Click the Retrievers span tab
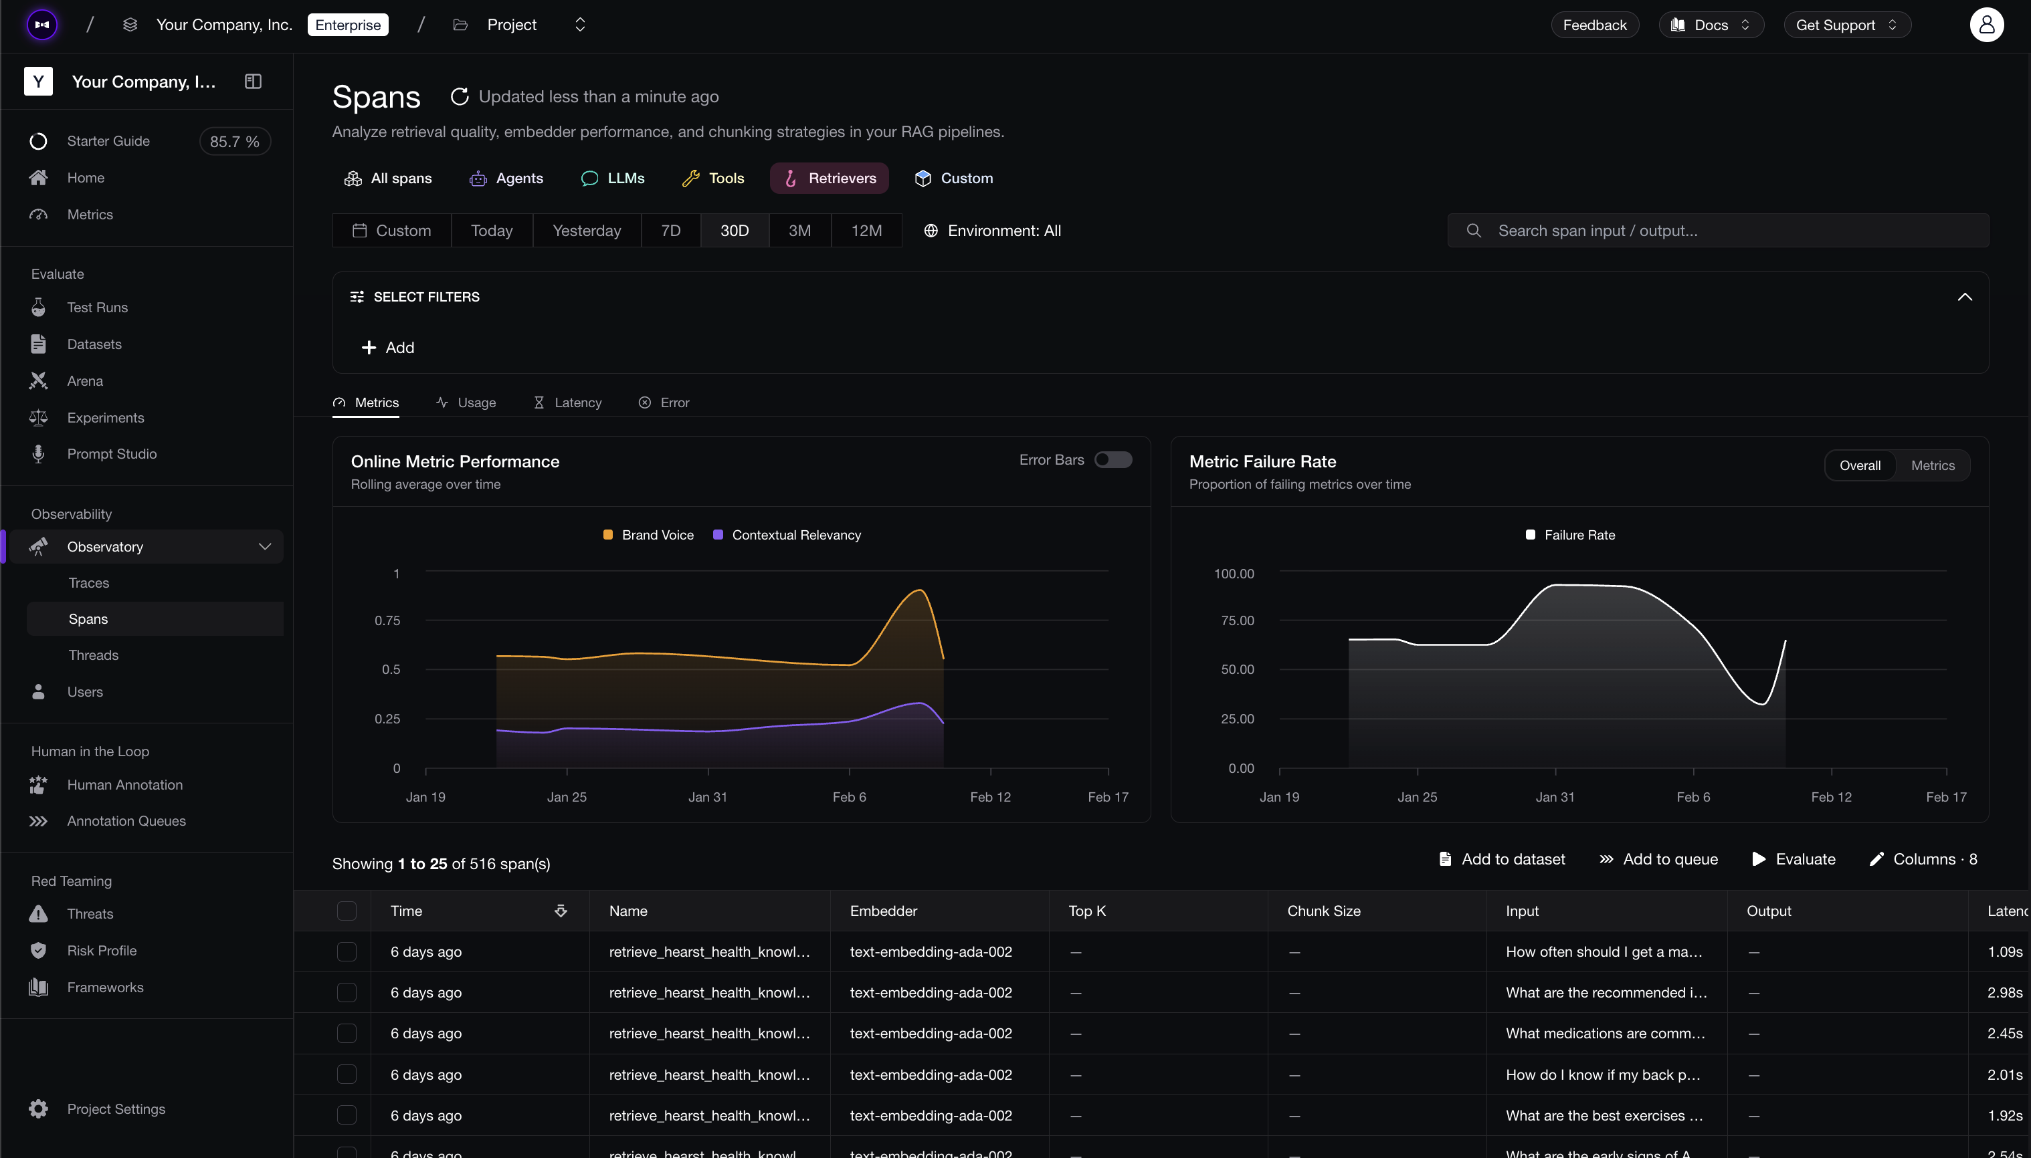point(829,178)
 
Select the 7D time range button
point(670,231)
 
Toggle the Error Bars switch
point(1113,460)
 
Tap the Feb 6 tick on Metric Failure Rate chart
point(1693,797)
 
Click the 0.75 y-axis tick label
point(387,620)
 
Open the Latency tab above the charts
point(567,402)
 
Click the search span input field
point(1717,231)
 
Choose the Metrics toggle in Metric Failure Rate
point(1933,465)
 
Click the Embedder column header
point(883,911)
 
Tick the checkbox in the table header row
point(347,911)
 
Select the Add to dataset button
point(1502,859)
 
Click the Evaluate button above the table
point(1794,859)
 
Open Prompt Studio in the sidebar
point(111,454)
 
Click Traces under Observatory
point(89,583)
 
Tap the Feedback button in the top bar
point(1594,25)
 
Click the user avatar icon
point(1986,25)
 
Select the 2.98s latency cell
point(2005,993)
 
